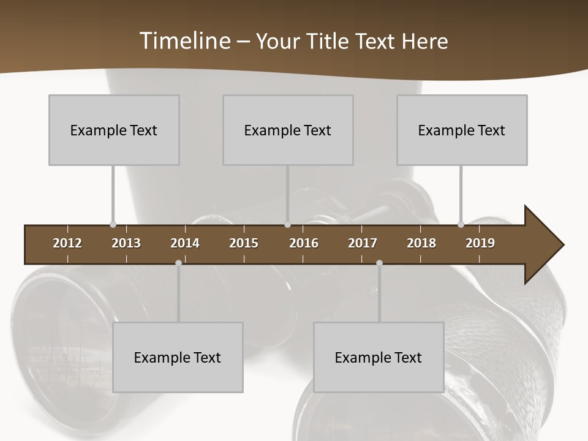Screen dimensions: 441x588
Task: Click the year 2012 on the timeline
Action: tap(67, 243)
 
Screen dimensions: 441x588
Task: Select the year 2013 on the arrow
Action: tap(126, 243)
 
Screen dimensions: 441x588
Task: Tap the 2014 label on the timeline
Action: tap(185, 243)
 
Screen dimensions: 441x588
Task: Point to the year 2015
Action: tap(244, 243)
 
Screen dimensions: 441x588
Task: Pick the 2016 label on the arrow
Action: tap(304, 243)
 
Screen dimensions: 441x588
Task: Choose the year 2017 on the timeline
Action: tap(363, 243)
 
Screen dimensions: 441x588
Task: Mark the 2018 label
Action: tap(421, 243)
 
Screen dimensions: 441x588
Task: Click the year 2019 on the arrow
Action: tap(480, 243)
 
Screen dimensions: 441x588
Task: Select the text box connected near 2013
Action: tap(114, 130)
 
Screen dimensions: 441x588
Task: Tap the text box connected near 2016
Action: tap(288, 130)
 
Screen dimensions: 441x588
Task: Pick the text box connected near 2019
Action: tap(462, 130)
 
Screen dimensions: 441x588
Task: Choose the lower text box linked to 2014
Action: tap(178, 357)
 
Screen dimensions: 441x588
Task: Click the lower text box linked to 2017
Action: tap(379, 357)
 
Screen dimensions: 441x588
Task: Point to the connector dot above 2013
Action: tap(113, 225)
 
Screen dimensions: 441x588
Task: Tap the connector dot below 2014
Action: tap(178, 263)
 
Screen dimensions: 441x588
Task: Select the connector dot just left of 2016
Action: tap(288, 225)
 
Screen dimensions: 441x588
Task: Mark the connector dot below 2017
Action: tap(379, 263)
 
